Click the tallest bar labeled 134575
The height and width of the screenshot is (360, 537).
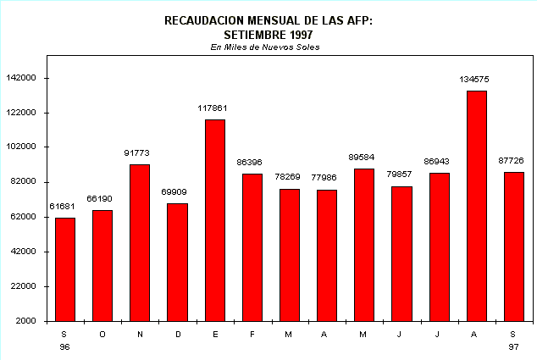477,206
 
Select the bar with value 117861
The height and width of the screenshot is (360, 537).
215,220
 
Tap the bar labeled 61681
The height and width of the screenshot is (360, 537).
65,269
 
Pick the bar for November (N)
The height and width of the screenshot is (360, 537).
140,242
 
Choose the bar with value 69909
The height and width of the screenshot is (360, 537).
177,262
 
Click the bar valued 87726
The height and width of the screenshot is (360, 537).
514,246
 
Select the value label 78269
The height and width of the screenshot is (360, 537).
290,178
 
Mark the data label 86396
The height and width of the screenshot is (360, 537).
252,162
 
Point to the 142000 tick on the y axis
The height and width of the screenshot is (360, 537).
28,78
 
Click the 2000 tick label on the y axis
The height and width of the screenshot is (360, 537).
33,321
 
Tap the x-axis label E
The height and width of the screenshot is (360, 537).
215,335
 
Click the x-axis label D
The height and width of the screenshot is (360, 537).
177,335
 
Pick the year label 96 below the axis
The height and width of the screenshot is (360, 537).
65,347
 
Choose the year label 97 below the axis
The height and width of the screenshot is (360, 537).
514,347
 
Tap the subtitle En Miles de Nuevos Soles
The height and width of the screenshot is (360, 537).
265,47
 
